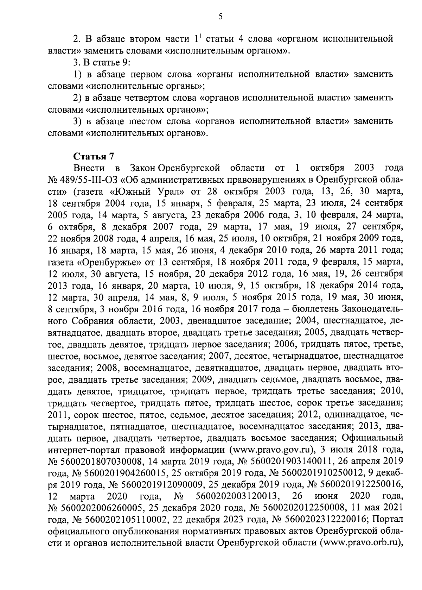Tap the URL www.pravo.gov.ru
(268, 450)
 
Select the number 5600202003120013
(235, 496)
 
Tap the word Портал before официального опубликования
(387, 519)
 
